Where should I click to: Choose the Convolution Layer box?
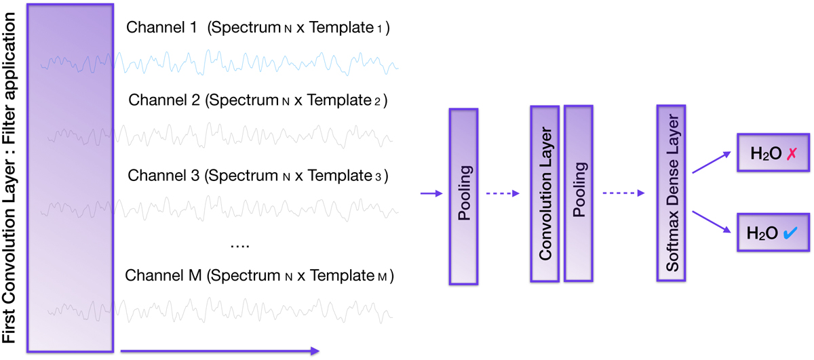click(544, 193)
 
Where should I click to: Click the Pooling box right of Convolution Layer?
click(579, 193)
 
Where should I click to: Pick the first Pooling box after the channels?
click(464, 197)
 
